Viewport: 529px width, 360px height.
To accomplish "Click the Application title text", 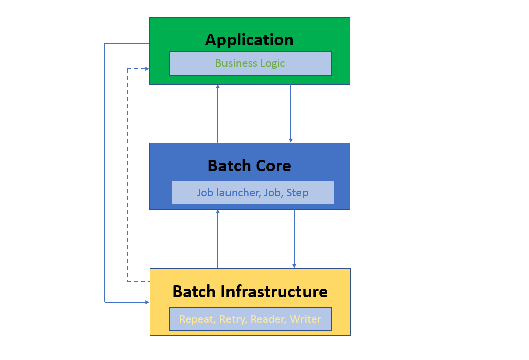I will pyautogui.click(x=249, y=40).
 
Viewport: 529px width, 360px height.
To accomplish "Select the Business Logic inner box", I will pyautogui.click(x=250, y=63).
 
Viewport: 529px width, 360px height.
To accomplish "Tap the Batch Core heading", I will pyautogui.click(x=250, y=166).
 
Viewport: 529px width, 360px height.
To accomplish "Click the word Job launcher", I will pyautogui.click(x=228, y=193).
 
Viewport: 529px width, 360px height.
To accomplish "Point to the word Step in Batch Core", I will pyautogui.click(x=297, y=193).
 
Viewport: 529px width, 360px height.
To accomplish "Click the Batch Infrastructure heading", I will pyautogui.click(x=250, y=292).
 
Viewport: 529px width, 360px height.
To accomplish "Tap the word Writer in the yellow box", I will pyautogui.click(x=306, y=319).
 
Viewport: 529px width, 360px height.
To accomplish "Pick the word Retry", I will pyautogui.click(x=232, y=319).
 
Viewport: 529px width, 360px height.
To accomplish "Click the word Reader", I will pyautogui.click(x=267, y=319).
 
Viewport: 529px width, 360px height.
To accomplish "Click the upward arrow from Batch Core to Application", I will pyautogui.click(x=218, y=113).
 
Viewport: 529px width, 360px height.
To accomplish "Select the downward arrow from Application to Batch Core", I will pyautogui.click(x=291, y=113).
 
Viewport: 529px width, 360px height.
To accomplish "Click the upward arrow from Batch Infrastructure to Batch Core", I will pyautogui.click(x=218, y=239).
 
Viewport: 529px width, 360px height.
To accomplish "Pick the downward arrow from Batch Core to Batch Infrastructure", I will pyautogui.click(x=294, y=239).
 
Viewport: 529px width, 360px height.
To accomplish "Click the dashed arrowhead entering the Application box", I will pyautogui.click(x=146, y=69).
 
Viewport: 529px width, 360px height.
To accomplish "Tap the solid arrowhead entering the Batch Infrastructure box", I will pyautogui.click(x=147, y=302).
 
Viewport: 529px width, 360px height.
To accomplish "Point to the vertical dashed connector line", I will pyautogui.click(x=127, y=176).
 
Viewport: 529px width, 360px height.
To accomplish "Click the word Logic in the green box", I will pyautogui.click(x=272, y=63).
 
